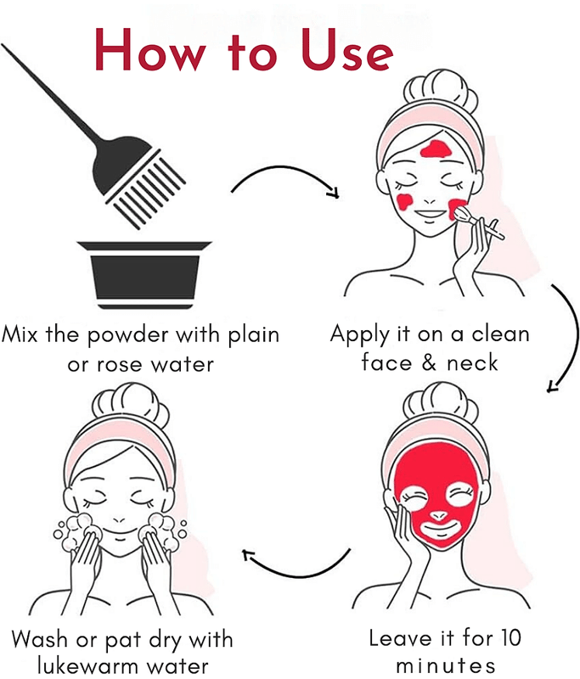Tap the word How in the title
coord(150,50)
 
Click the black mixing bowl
coord(144,275)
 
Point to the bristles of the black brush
coord(146,189)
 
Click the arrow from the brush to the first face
coord(284,170)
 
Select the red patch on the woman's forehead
coord(436,149)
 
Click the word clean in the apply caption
coord(500,334)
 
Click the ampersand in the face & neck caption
coord(429,362)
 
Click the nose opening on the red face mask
coord(439,516)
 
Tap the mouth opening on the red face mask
coord(439,530)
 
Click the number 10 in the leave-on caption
coord(511,637)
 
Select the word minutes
coord(445,665)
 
